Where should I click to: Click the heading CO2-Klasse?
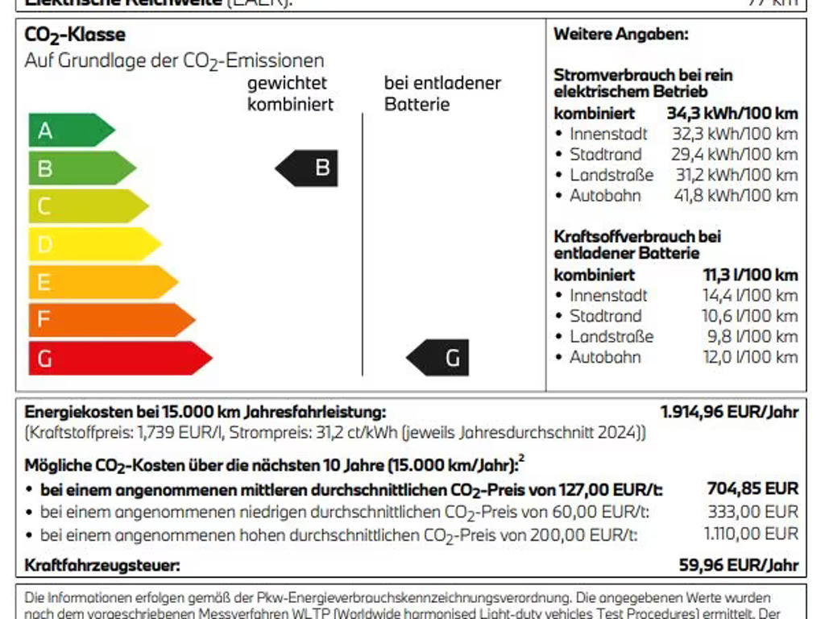coord(75,35)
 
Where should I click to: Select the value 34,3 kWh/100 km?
coord(732,114)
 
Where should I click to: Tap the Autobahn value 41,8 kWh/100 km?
coord(736,195)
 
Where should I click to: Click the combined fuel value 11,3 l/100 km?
coord(750,275)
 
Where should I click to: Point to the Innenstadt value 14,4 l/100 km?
coord(750,296)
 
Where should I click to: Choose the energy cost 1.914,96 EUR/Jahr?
coord(730,412)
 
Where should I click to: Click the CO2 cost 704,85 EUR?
coord(752,488)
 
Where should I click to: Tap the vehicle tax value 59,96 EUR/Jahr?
coord(739,565)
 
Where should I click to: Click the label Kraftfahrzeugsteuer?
coord(102,565)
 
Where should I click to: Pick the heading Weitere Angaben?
coord(621,35)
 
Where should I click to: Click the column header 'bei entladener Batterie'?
coord(442,93)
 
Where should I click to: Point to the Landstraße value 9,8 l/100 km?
coord(750,337)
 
